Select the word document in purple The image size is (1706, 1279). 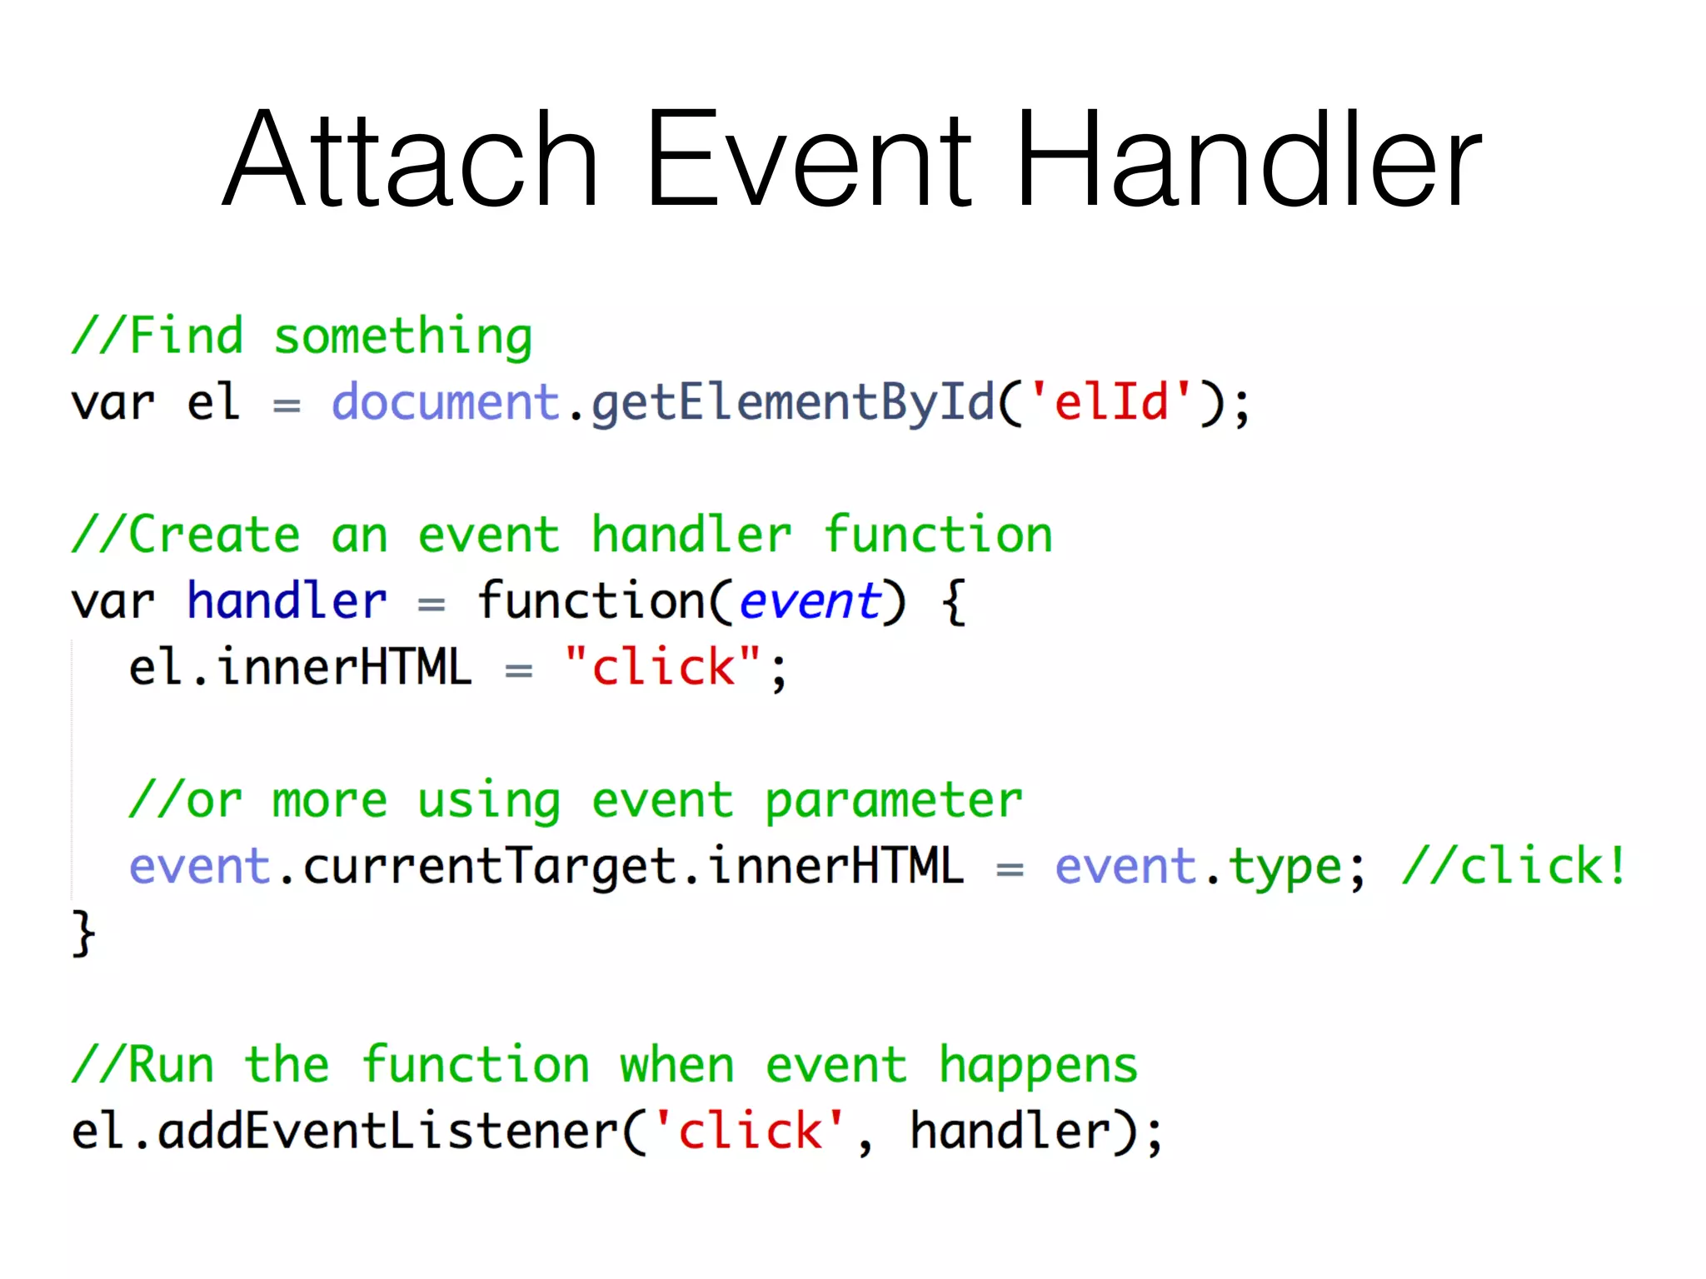click(445, 403)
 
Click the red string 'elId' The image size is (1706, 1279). click(1111, 403)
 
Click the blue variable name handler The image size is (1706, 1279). click(287, 601)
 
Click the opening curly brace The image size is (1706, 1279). click(954, 603)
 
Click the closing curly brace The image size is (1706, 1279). click(83, 934)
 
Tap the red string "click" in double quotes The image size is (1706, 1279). click(662, 668)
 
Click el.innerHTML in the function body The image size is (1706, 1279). click(300, 668)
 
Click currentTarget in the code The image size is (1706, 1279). click(489, 868)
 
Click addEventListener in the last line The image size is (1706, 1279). click(388, 1132)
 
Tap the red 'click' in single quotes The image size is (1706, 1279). click(749, 1132)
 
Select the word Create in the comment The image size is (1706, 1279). click(214, 535)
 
